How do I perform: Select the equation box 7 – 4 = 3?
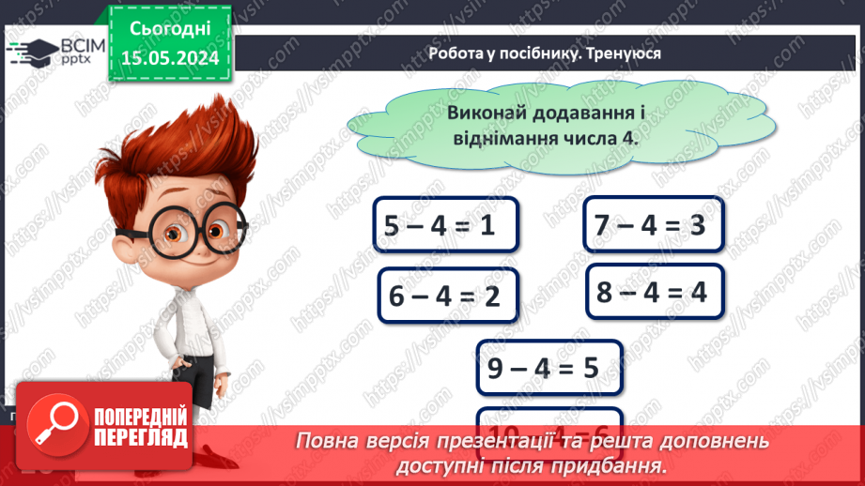tap(654, 225)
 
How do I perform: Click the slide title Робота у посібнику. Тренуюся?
tap(544, 53)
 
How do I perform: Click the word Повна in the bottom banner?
tap(331, 441)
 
